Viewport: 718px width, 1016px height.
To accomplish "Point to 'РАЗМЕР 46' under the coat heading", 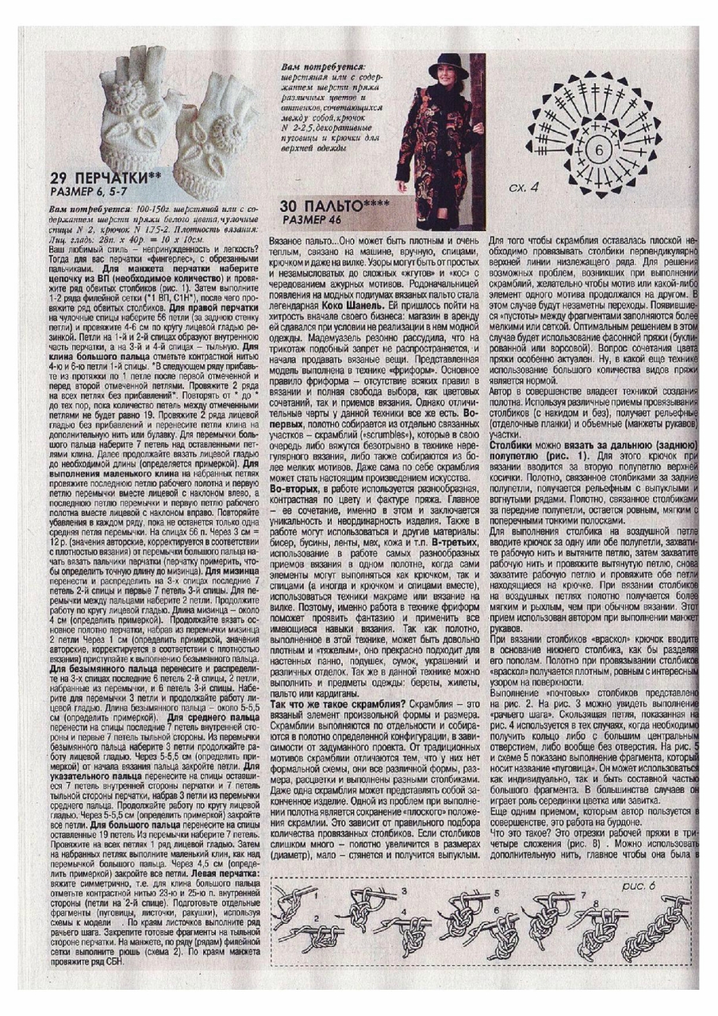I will [311, 218].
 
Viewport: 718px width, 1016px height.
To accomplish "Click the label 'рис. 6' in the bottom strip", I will [639, 884].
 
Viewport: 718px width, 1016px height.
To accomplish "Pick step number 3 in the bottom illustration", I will [402, 891].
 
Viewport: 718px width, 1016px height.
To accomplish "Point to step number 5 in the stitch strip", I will [498, 892].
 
